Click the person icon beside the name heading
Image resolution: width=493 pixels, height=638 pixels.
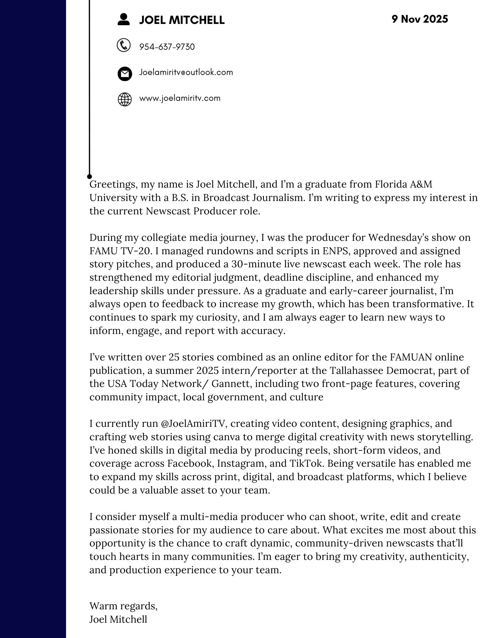coord(123,19)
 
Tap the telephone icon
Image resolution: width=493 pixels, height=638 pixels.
coord(124,45)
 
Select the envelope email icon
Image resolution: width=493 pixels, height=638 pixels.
coord(124,74)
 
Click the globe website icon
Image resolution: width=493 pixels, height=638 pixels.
coord(124,99)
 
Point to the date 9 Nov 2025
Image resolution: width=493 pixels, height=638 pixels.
coord(420,19)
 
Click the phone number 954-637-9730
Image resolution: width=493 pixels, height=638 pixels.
coord(167,47)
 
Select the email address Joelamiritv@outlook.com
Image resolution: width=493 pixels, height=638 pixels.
coord(186,72)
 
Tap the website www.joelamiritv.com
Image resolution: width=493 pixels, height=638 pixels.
coord(180,98)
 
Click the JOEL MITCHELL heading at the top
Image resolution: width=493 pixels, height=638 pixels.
coord(182,20)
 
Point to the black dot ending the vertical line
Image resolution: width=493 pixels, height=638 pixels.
coord(90,176)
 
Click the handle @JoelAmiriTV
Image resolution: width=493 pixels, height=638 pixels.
coord(194,424)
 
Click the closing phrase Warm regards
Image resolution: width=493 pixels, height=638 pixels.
coord(123,606)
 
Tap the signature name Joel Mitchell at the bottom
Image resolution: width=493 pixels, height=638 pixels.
coord(118,619)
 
